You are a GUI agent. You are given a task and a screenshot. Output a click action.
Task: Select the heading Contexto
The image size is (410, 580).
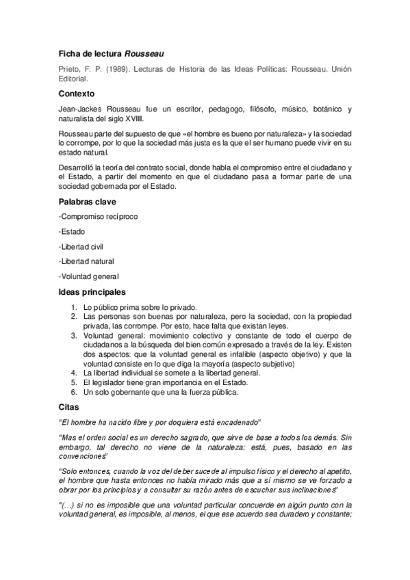pyautogui.click(x=76, y=93)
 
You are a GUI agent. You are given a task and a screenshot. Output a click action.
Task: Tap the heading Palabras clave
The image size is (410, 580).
pyautogui.click(x=88, y=202)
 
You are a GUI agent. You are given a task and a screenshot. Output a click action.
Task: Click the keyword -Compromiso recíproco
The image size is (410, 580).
pyautogui.click(x=99, y=217)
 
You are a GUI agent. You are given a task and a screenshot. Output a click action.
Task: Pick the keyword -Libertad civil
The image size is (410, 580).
pyautogui.click(x=83, y=246)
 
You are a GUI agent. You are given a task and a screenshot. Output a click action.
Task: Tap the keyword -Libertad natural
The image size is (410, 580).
pyautogui.click(x=87, y=261)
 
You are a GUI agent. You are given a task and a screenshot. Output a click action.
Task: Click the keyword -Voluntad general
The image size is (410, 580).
pyautogui.click(x=89, y=276)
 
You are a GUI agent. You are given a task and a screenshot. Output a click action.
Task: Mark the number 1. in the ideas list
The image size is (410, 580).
pyautogui.click(x=74, y=308)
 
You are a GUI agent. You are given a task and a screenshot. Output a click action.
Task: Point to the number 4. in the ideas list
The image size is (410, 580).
pyautogui.click(x=74, y=373)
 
